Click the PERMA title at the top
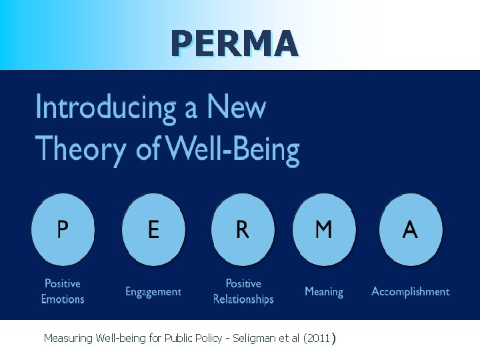[234, 43]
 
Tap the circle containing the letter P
[63, 230]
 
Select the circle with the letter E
[153, 230]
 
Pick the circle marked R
[243, 230]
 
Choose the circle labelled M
[324, 230]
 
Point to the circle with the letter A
[410, 230]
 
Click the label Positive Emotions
[63, 291]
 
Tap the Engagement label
[153, 291]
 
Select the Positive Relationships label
[243, 291]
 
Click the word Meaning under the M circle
[324, 291]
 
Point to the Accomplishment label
[410, 291]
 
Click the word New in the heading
[236, 108]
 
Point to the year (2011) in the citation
[317, 339]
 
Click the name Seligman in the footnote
[259, 339]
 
